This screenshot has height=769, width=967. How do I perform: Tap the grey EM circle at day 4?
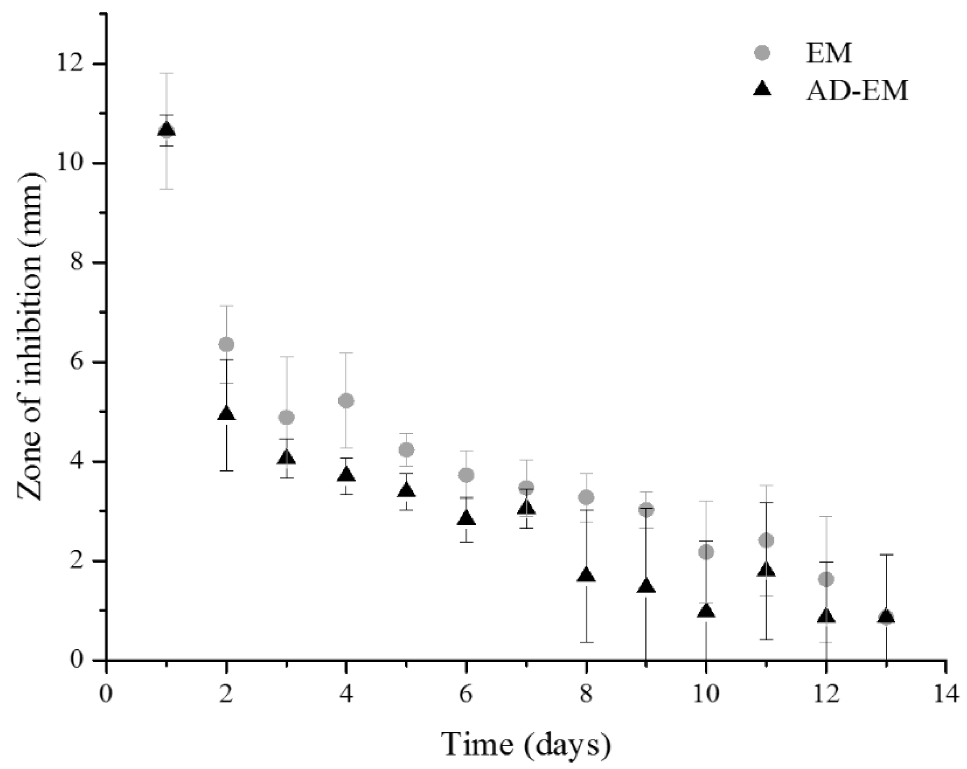(346, 400)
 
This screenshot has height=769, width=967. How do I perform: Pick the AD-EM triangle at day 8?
(586, 575)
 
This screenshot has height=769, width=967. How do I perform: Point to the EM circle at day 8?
(586, 497)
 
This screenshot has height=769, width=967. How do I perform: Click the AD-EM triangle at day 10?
(706, 611)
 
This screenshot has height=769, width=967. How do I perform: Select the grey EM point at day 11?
(766, 541)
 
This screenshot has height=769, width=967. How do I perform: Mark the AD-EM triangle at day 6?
(467, 518)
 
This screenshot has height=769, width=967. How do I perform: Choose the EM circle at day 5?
(406, 449)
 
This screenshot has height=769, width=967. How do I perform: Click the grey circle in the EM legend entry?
(762, 53)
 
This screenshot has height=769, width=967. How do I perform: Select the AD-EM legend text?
(857, 91)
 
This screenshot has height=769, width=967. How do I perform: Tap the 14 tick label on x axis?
(946, 695)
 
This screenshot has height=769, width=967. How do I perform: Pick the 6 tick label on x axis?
(467, 695)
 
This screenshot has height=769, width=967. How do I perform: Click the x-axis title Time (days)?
(526, 745)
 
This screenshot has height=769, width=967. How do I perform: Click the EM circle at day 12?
(826, 579)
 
